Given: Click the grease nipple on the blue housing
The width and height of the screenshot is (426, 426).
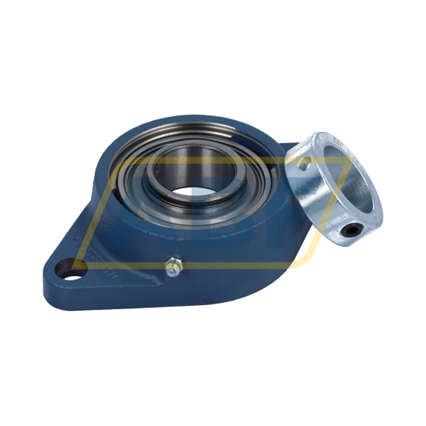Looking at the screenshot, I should point(174,270).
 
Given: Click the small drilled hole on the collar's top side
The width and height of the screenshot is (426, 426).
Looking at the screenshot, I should point(313,158).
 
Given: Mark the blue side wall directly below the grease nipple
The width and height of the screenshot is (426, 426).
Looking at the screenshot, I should point(175,294).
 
